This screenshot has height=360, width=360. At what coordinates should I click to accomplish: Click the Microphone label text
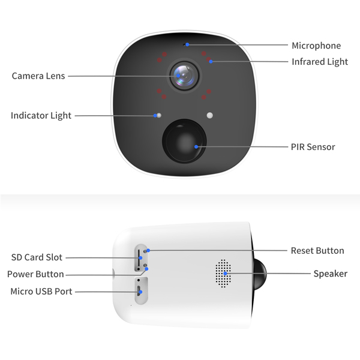(316, 46)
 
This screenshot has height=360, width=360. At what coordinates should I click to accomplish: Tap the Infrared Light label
(320, 62)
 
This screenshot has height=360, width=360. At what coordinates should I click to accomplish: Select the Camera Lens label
(38, 76)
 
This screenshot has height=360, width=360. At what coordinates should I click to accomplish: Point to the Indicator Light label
(41, 115)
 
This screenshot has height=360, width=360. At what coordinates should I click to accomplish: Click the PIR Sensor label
(313, 147)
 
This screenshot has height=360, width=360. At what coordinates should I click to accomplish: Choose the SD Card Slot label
(37, 257)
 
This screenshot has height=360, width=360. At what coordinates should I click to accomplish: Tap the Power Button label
(35, 274)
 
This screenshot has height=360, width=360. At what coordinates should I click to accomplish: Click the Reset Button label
(317, 251)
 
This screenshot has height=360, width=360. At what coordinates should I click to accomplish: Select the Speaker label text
(330, 274)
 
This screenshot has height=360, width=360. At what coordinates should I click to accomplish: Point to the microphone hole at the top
(187, 44)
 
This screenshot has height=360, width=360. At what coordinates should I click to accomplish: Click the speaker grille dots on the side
(223, 274)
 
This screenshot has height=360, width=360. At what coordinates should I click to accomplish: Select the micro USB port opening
(139, 292)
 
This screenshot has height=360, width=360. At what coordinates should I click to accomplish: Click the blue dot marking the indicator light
(157, 115)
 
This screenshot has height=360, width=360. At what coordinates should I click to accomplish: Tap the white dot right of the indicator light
(209, 115)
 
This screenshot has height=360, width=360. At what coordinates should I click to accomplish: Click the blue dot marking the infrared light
(211, 62)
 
